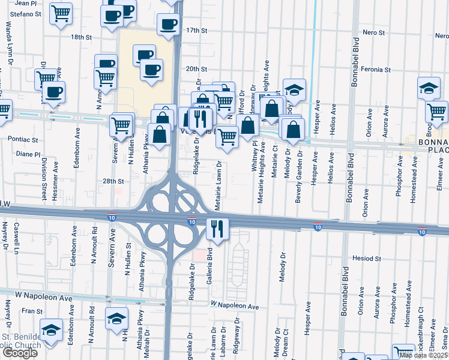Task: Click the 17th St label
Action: click(196, 30)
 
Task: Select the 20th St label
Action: click(196, 69)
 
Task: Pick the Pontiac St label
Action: click(23, 139)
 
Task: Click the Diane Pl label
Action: click(28, 154)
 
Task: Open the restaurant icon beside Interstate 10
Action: click(217, 229)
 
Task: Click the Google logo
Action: click(19, 353)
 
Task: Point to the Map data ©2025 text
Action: click(423, 356)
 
